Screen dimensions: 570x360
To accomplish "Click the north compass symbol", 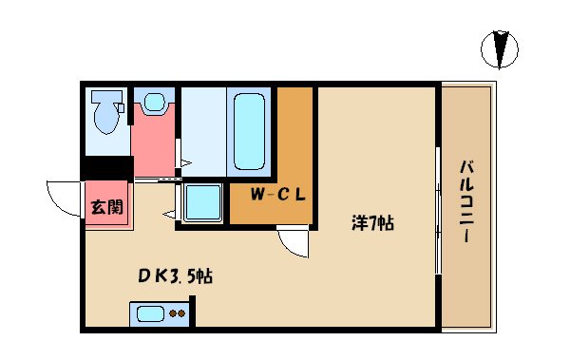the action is (500, 49).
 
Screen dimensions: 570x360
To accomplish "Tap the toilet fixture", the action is (106, 112).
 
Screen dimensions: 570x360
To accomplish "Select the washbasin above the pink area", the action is (155, 103).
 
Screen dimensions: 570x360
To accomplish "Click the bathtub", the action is (249, 131).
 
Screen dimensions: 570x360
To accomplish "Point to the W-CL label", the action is (278, 195).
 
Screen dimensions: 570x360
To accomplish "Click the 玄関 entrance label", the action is (106, 206).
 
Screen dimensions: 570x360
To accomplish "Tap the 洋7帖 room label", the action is (372, 223).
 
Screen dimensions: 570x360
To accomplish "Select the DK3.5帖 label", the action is (175, 276).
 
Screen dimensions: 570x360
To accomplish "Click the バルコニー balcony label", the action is (466, 201).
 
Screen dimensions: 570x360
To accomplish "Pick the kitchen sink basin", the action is (150, 313).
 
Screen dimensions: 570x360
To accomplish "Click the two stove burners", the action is (178, 313).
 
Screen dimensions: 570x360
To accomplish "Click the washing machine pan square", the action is (203, 202).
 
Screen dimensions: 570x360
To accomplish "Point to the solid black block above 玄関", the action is (107, 168).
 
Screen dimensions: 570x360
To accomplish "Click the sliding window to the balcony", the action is (438, 210).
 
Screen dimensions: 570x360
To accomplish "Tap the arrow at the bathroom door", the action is (186, 162).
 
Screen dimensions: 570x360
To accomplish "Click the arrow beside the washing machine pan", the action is (169, 214).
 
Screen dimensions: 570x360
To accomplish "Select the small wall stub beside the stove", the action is (192, 312).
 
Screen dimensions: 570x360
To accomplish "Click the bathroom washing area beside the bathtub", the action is (203, 132).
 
